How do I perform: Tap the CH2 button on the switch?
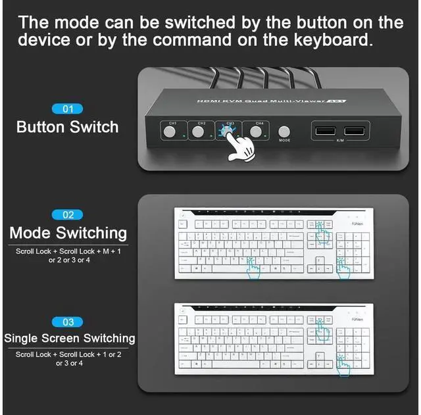[198, 132]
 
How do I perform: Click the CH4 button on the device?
[255, 132]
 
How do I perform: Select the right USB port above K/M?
[353, 130]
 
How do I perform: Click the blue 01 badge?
[68, 109]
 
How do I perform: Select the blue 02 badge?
[68, 214]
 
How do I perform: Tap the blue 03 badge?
[68, 322]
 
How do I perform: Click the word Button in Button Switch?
[41, 127]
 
